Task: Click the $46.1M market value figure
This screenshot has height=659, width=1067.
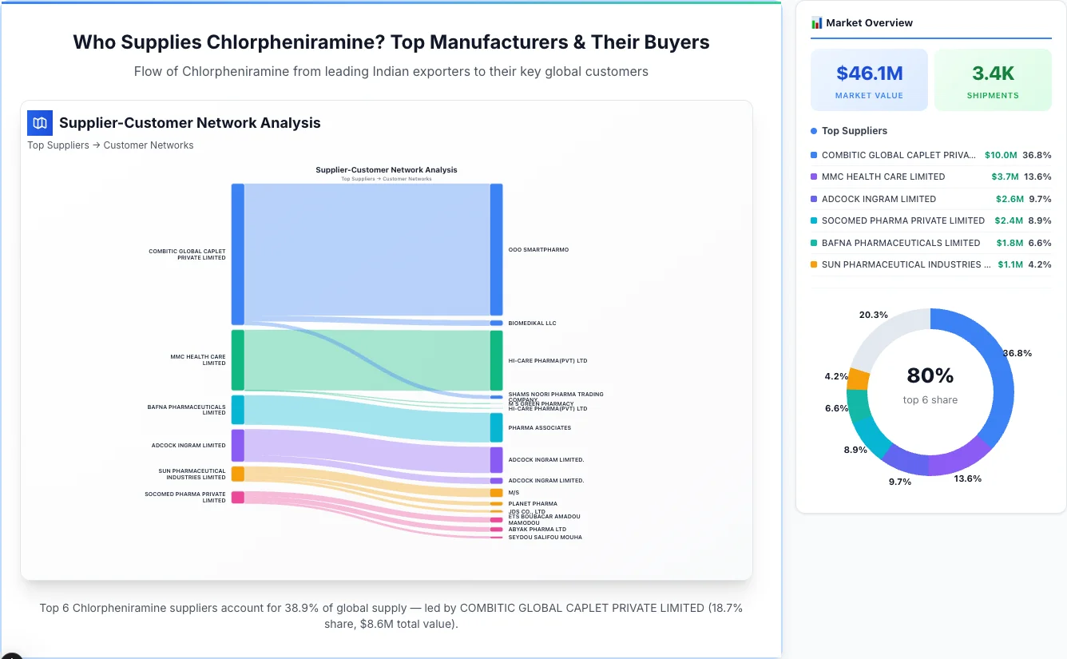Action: [x=869, y=73]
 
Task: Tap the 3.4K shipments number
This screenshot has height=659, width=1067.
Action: [x=993, y=73]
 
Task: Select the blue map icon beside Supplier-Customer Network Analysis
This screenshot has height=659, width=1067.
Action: [x=40, y=123]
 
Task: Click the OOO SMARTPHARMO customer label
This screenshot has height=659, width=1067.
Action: [x=538, y=250]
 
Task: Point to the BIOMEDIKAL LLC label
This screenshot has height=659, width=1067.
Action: [x=532, y=324]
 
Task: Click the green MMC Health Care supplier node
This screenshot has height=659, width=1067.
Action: [x=237, y=360]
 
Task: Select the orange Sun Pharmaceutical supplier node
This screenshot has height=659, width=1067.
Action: [x=237, y=474]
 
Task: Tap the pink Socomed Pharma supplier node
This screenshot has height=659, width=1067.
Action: [x=237, y=497]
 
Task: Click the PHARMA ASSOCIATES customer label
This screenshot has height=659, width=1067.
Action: [x=539, y=428]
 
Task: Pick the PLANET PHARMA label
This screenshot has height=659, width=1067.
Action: [x=533, y=504]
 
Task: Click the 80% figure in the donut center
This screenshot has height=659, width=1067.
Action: [x=930, y=375]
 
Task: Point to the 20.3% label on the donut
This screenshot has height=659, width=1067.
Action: [x=873, y=315]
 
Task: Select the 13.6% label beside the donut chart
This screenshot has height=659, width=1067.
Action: [x=967, y=478]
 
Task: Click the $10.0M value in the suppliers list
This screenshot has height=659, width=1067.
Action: [x=1001, y=155]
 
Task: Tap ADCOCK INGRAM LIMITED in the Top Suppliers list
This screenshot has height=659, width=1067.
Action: [x=879, y=199]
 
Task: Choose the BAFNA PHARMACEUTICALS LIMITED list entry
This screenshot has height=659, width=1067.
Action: [x=900, y=243]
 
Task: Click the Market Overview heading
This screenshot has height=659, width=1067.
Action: [x=869, y=23]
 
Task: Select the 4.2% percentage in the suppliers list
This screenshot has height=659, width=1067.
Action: [x=1039, y=264]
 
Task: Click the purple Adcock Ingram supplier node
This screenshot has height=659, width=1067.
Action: [x=237, y=446]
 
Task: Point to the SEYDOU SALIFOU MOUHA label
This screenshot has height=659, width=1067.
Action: [x=545, y=538]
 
